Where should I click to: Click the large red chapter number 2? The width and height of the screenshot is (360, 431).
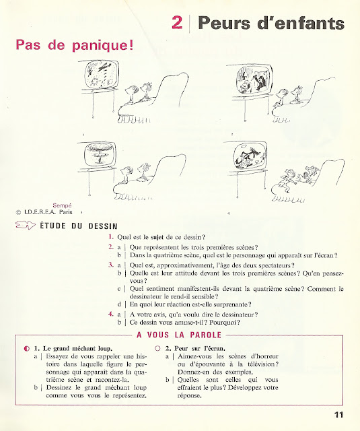pos(177,22)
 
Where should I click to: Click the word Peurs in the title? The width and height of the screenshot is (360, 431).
pos(224,23)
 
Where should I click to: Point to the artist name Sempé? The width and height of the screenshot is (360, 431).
pos(63,205)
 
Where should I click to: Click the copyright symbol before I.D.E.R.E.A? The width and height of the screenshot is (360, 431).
pos(19,212)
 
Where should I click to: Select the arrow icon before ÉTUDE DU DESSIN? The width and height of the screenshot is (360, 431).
pos(26,226)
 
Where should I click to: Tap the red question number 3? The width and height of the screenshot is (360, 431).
pos(111,265)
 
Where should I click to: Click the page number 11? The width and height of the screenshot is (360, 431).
pos(339,415)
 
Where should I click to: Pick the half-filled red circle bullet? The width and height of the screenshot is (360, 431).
pos(27,349)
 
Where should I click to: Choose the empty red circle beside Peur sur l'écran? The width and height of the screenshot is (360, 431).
pos(157,349)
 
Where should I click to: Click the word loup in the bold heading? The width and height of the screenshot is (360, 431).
pos(105,349)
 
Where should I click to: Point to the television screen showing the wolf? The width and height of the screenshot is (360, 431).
pos(250,156)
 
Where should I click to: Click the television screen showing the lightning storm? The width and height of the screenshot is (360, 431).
pos(102,75)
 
